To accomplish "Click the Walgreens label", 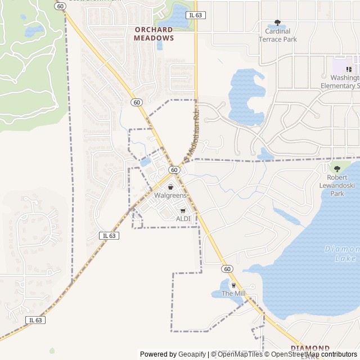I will pos(170,195).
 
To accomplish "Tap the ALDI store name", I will pos(183,218).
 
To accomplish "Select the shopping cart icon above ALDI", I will pos(183,210).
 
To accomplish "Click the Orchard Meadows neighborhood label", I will pos(154,34).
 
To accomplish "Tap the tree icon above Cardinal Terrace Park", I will pos(277,23).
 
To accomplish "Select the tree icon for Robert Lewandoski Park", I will pos(337,168).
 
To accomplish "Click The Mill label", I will pos(233,294).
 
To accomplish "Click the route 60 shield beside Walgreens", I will pos(174,169).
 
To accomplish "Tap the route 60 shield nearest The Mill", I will pos(227,269).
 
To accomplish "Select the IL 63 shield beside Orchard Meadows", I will pos(195,15).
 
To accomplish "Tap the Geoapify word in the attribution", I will pos(193,354).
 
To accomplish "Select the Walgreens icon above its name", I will pos(170,187).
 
